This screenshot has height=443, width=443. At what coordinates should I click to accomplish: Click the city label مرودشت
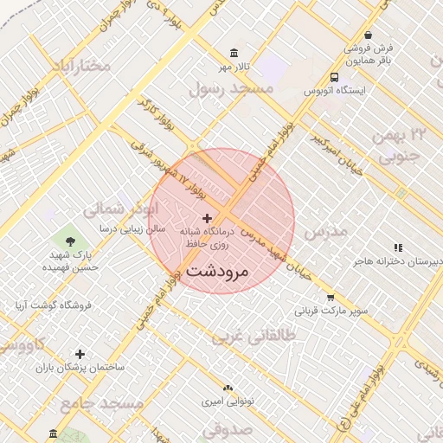217,270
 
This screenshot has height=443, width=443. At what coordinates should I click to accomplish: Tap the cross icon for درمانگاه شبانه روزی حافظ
207,218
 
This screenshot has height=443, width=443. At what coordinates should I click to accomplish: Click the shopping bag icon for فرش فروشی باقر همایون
369,35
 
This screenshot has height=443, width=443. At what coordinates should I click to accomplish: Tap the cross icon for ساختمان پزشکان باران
80,354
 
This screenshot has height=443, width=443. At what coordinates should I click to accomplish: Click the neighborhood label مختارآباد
81,66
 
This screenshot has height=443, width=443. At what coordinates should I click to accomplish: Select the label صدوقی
229,427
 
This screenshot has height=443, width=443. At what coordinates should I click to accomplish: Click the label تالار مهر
233,67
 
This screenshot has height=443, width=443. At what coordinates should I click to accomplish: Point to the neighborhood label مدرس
325,231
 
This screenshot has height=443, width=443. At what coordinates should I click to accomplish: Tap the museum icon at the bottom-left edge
54,433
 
